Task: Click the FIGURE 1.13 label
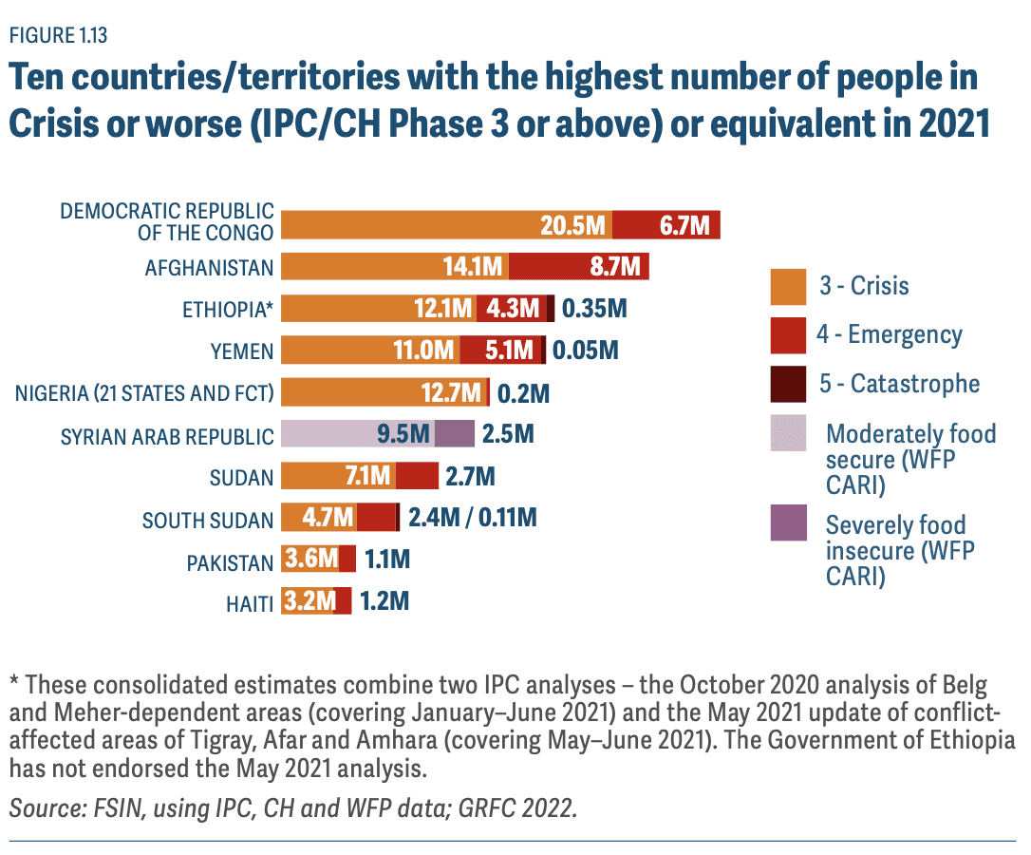[x=58, y=37]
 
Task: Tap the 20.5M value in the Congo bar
[x=572, y=226]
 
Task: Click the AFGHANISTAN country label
[x=209, y=268]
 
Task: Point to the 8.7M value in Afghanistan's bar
[x=615, y=267]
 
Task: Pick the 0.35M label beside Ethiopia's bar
[x=594, y=309]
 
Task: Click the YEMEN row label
[x=242, y=351]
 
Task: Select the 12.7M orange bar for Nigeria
[x=384, y=392]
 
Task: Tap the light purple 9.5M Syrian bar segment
[x=358, y=434]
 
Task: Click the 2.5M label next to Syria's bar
[x=508, y=434]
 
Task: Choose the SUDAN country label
[x=241, y=476]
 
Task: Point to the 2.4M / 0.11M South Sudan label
[x=472, y=518]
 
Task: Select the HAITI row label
[x=250, y=601]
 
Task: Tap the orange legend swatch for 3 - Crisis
[x=788, y=285]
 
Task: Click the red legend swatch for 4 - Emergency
[x=788, y=334]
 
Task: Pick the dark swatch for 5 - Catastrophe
[x=788, y=384]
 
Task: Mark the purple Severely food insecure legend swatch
[x=788, y=523]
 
